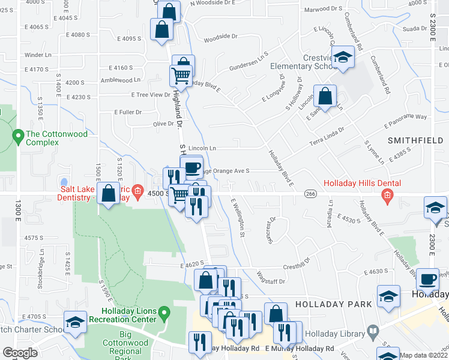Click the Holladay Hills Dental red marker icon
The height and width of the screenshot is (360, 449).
(x=388, y=194)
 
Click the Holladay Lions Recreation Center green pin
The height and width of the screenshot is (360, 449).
(x=165, y=313)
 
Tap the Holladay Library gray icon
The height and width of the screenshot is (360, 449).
(x=373, y=331)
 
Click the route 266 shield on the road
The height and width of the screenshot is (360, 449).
(x=310, y=193)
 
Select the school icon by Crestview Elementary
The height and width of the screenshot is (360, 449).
(x=343, y=57)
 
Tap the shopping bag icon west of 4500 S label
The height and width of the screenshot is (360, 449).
(x=109, y=193)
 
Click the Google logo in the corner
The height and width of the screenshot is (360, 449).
(x=20, y=353)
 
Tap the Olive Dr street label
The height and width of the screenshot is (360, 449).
(x=163, y=124)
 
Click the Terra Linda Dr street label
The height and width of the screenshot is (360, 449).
(x=327, y=136)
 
